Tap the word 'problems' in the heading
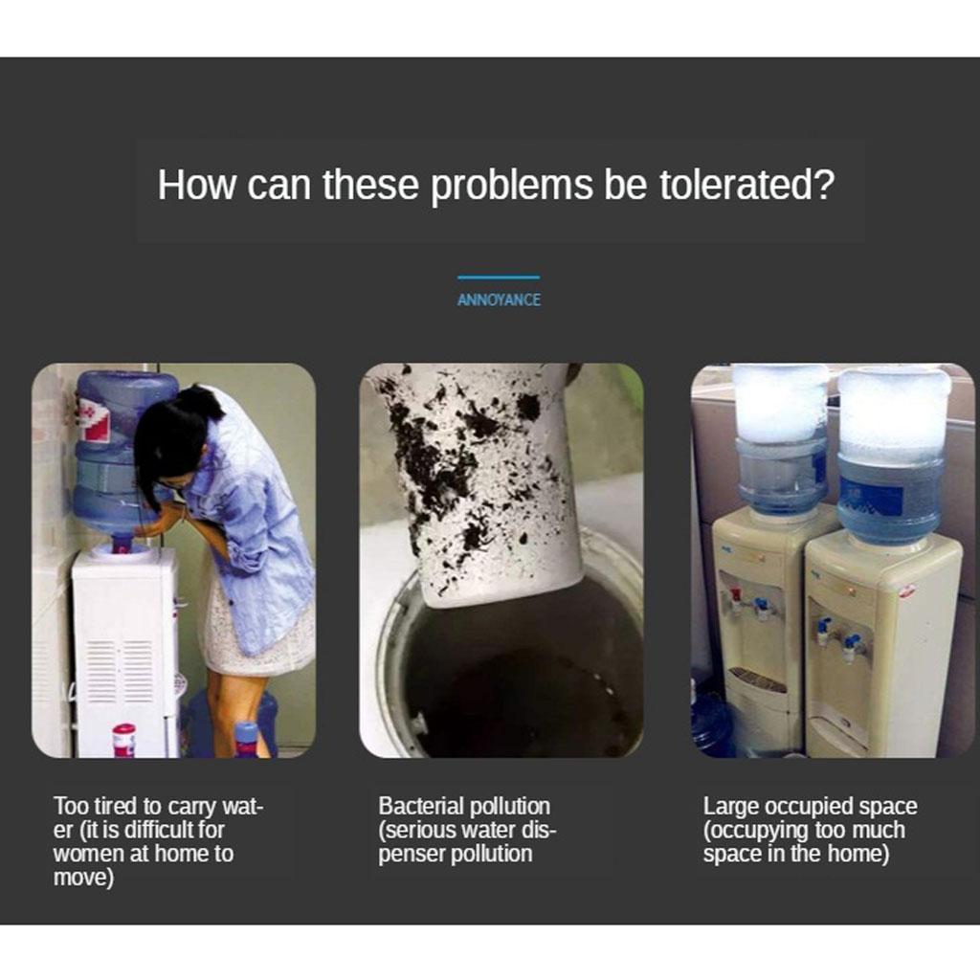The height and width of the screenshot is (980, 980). coord(512,186)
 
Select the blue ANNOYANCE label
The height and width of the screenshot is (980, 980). coord(499,300)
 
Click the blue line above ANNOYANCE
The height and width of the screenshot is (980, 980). coord(499,277)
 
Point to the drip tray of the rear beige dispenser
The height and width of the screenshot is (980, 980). coord(758,679)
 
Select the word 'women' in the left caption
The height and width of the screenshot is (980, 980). coord(88,854)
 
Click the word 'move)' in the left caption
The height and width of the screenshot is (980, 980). coord(83,879)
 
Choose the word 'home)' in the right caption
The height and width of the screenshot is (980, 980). coord(858,854)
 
